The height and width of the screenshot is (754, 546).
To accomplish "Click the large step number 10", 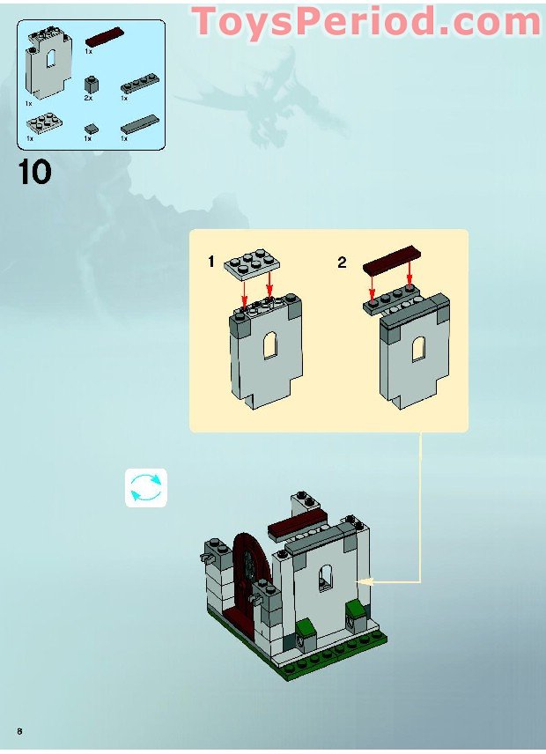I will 34,171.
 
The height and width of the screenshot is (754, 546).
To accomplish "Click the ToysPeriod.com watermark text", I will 366,21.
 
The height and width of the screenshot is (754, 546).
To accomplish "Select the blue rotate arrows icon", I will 145,488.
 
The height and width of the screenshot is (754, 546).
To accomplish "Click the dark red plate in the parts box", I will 103,37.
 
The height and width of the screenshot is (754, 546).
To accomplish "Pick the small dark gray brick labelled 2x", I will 91,85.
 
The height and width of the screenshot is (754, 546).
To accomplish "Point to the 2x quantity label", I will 88,99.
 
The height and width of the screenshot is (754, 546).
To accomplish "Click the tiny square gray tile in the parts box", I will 90,129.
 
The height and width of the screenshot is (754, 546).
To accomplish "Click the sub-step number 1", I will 211,262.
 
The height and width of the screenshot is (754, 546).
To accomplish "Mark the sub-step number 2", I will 343,262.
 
